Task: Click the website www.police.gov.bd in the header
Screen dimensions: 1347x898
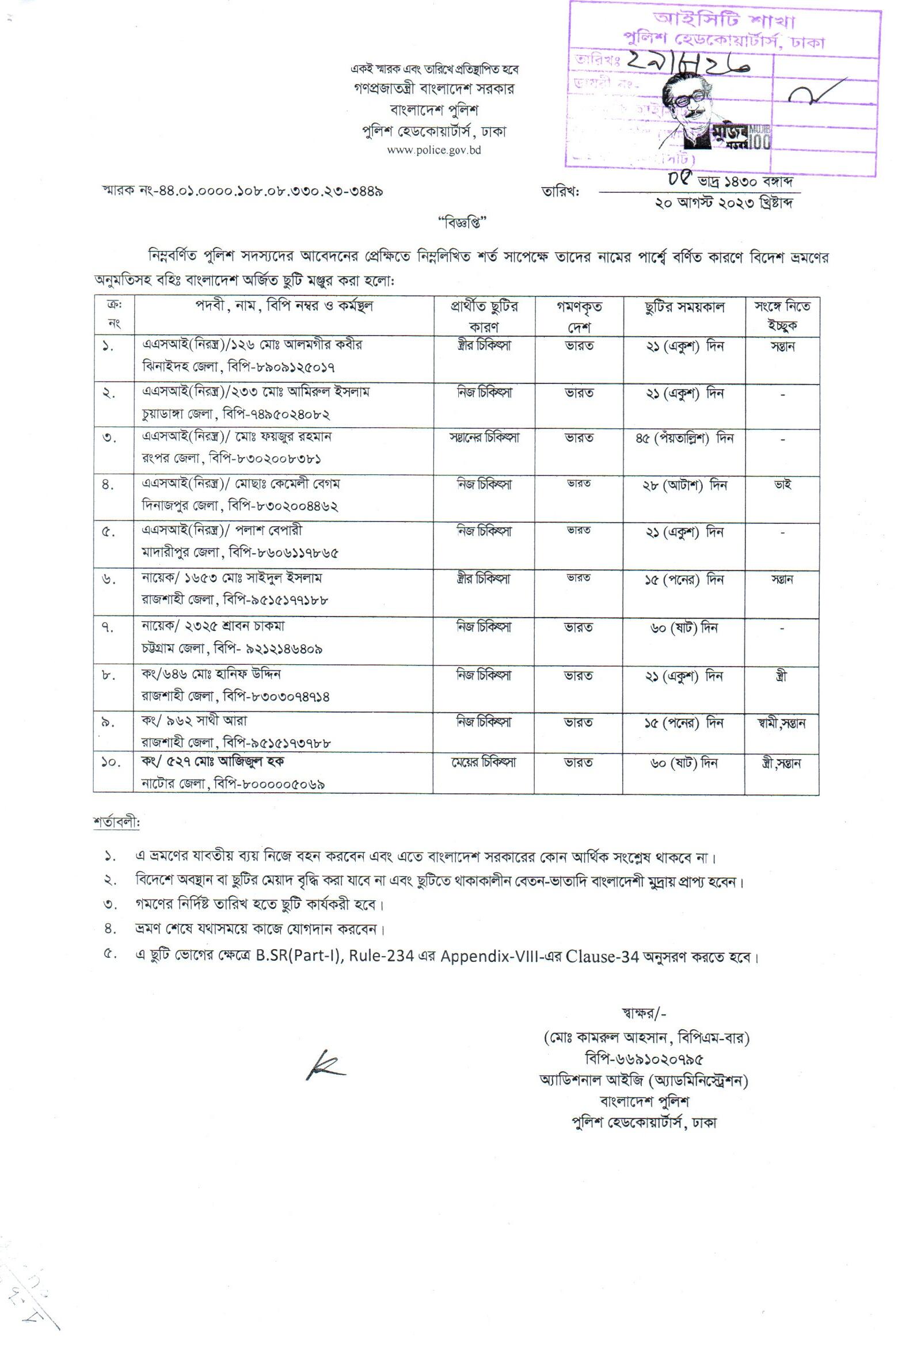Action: pyautogui.click(x=434, y=150)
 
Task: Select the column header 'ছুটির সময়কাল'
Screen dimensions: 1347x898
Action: pyautogui.click(x=684, y=307)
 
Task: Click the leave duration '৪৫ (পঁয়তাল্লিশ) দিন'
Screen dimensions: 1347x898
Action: pyautogui.click(x=684, y=439)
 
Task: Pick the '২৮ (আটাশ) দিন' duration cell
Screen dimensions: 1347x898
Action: pyautogui.click(x=684, y=485)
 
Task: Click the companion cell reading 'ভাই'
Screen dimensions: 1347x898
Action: pyautogui.click(x=783, y=484)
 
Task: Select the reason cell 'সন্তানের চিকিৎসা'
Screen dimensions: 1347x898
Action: pyautogui.click(x=484, y=438)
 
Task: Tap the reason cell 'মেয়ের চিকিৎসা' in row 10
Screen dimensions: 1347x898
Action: pyautogui.click(x=484, y=762)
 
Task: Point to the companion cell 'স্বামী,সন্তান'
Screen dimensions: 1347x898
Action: pyautogui.click(x=782, y=724)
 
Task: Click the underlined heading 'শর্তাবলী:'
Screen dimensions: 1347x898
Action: pyautogui.click(x=116, y=822)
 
